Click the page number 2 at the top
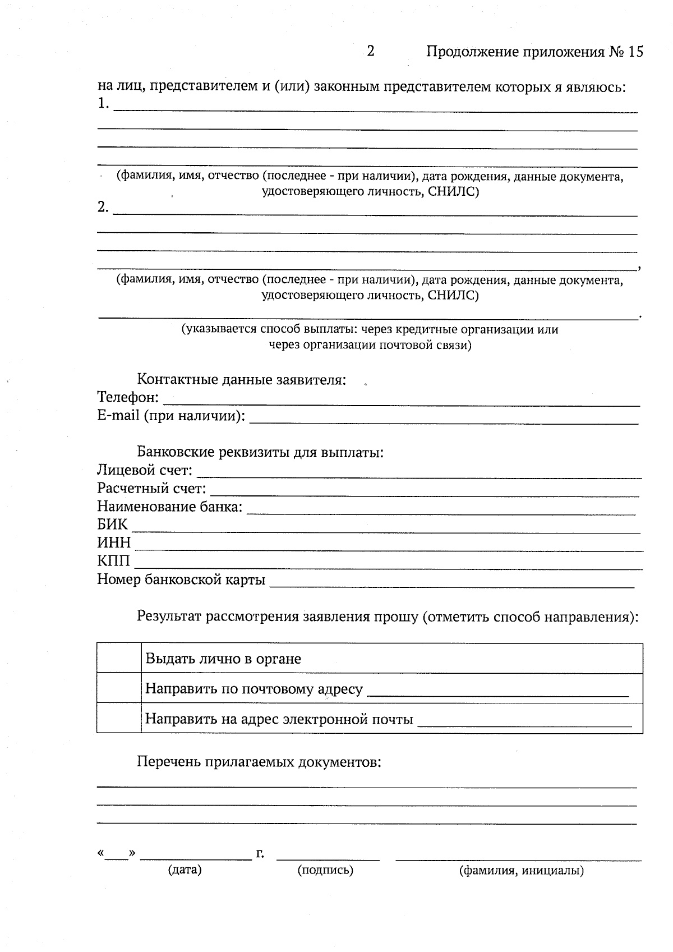pyautogui.click(x=371, y=52)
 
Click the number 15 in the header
pyautogui.click(x=635, y=52)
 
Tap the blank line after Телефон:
pyautogui.click(x=401, y=399)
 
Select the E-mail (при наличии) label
pyautogui.click(x=171, y=416)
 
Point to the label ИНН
pyautogui.click(x=114, y=543)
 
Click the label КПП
pyautogui.click(x=113, y=561)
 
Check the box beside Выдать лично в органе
pyautogui.click(x=119, y=658)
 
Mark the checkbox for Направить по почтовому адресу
pyautogui.click(x=119, y=688)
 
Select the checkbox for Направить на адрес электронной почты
pyautogui.click(x=119, y=718)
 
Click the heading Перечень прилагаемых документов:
pyautogui.click(x=259, y=762)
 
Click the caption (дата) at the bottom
pyautogui.click(x=185, y=870)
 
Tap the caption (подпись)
pyautogui.click(x=325, y=870)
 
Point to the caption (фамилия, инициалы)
pyautogui.click(x=521, y=871)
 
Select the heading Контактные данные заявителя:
pyautogui.click(x=242, y=380)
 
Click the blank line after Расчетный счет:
pyautogui.click(x=425, y=490)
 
